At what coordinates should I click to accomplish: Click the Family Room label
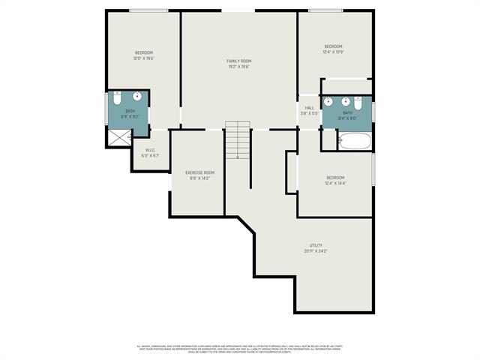point(239,61)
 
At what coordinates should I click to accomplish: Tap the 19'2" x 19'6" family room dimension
point(239,67)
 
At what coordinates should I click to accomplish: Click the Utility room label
point(316,245)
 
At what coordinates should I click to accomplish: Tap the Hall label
point(310,108)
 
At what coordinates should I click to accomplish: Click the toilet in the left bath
point(117,99)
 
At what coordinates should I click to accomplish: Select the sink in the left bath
point(137,97)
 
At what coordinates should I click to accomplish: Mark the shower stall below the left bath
point(119,136)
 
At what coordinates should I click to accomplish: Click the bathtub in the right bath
point(354,141)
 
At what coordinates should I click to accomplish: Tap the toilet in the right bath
point(358,103)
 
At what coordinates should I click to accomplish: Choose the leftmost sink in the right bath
point(330,101)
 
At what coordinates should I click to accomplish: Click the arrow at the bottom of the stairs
point(238,156)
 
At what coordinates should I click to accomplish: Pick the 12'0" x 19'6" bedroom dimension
point(143,58)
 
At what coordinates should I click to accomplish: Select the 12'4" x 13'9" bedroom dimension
point(334,52)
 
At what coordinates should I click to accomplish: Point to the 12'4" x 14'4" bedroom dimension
point(335,183)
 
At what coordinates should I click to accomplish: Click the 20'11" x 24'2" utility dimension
point(316,251)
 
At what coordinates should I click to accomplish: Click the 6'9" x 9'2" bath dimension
point(130,116)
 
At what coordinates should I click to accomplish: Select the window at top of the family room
point(237,10)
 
